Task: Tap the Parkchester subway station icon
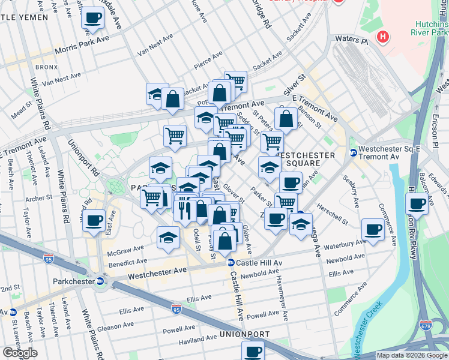(x=100, y=280)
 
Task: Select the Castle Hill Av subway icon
(x=230, y=263)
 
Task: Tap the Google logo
(x=19, y=353)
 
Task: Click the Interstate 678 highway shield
(x=426, y=325)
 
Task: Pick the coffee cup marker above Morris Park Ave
(x=92, y=18)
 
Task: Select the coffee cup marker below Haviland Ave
(x=253, y=352)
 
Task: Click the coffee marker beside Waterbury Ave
(x=373, y=229)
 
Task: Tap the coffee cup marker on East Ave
(x=94, y=221)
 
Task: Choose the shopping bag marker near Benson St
(x=286, y=119)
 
